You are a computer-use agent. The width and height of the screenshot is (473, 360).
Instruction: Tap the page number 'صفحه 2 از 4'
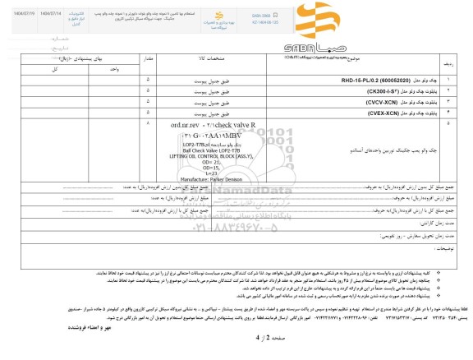[x=237, y=338]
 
